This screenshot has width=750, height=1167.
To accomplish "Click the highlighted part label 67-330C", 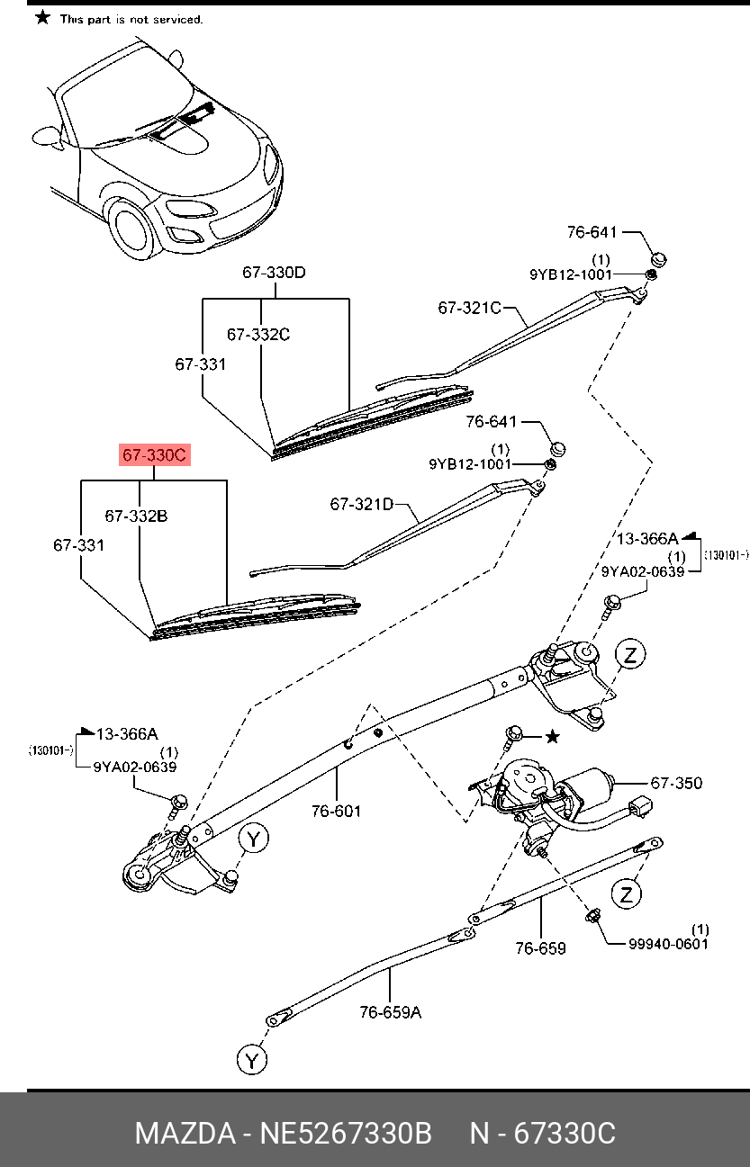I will click(x=154, y=456).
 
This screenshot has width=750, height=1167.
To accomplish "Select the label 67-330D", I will click(x=273, y=273).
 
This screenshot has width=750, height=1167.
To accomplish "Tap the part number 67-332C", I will click(x=258, y=335).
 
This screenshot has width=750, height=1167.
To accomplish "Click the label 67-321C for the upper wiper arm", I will click(x=469, y=308).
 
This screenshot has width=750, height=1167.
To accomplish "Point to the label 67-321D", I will click(x=361, y=505).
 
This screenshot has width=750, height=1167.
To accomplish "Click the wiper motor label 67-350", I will click(x=676, y=783).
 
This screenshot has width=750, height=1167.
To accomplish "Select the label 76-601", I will click(x=336, y=811).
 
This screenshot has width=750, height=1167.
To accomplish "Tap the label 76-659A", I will click(x=390, y=1012).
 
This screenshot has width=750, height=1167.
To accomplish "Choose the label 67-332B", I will click(x=136, y=516).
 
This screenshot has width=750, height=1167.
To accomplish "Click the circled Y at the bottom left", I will click(x=253, y=1061).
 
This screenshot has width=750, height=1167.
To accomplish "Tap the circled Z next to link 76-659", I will click(x=627, y=894).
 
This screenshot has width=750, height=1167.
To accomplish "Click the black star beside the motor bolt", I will click(x=553, y=737).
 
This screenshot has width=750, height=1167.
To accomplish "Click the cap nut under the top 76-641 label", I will click(x=658, y=260).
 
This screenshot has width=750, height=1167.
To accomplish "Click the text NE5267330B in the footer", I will click(x=346, y=1133).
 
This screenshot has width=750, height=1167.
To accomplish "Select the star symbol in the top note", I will click(x=42, y=17).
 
